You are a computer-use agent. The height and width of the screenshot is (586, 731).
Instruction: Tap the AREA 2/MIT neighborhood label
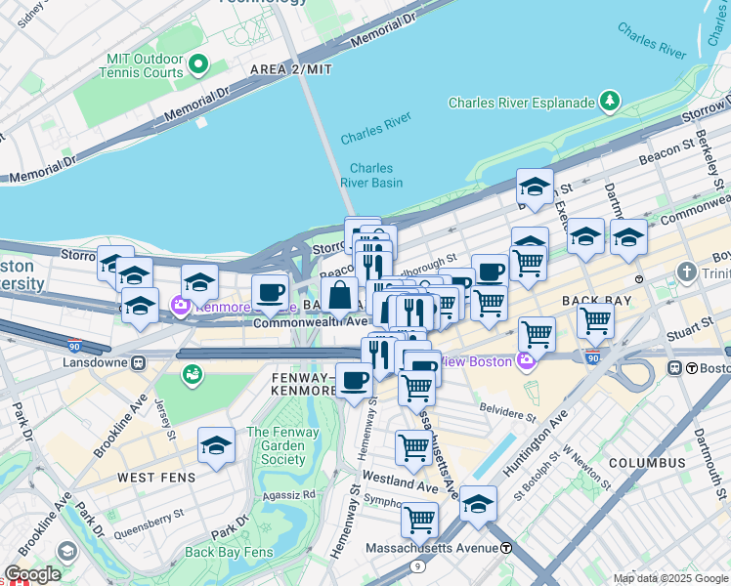[291, 69]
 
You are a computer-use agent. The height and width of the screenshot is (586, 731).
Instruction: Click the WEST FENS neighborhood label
[158, 478]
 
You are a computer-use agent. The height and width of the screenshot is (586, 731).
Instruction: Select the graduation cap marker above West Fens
[216, 445]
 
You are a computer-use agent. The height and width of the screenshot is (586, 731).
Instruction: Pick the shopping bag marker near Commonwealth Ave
[339, 295]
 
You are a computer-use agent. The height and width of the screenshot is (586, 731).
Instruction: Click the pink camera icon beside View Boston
[527, 362]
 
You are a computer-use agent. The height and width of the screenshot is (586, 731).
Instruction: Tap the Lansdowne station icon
[139, 361]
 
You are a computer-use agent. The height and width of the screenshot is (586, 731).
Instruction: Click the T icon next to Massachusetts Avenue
[506, 548]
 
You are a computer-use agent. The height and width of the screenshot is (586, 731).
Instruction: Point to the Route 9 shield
[418, 565]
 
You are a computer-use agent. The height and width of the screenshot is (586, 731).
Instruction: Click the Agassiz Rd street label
[295, 493]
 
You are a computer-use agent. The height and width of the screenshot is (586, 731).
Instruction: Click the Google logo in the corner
[32, 574]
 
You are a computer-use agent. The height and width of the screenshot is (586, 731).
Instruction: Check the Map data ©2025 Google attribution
[668, 578]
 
